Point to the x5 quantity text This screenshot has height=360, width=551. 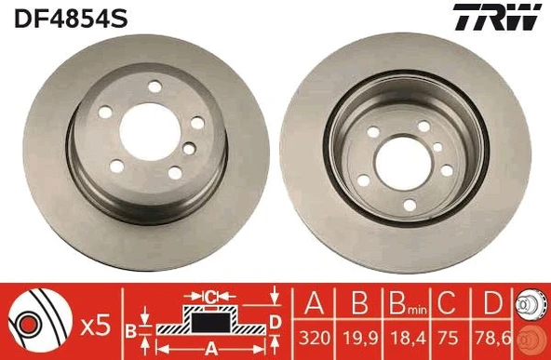(x=96, y=326)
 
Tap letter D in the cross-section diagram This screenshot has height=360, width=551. (x=275, y=322)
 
